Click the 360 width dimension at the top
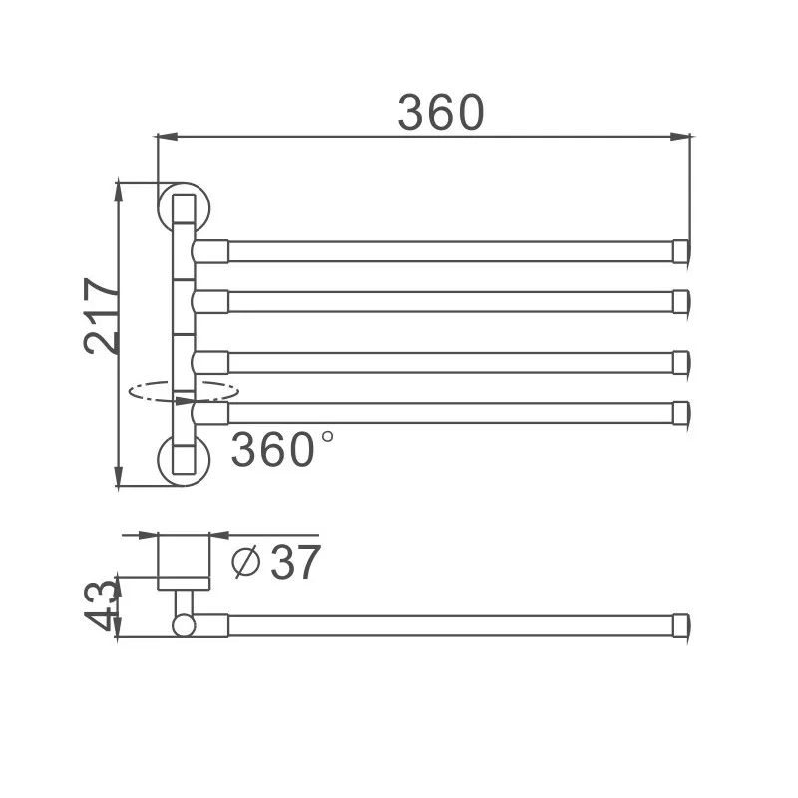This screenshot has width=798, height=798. click(x=440, y=112)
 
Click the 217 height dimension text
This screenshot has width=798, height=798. click(x=102, y=315)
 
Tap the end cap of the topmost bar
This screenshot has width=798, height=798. click(x=682, y=250)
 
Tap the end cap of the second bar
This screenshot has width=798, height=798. click(x=682, y=301)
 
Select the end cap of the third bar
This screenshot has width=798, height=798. click(x=682, y=362)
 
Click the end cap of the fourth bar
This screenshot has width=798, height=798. click(x=682, y=412)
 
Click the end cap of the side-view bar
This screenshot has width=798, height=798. click(x=682, y=625)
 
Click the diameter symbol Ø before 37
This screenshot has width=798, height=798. click(x=245, y=564)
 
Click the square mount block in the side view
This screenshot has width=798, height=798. click(x=184, y=562)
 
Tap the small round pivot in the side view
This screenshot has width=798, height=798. click(x=183, y=625)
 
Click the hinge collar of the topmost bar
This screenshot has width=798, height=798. click(x=210, y=250)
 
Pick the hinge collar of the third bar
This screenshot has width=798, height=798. click(x=210, y=362)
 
